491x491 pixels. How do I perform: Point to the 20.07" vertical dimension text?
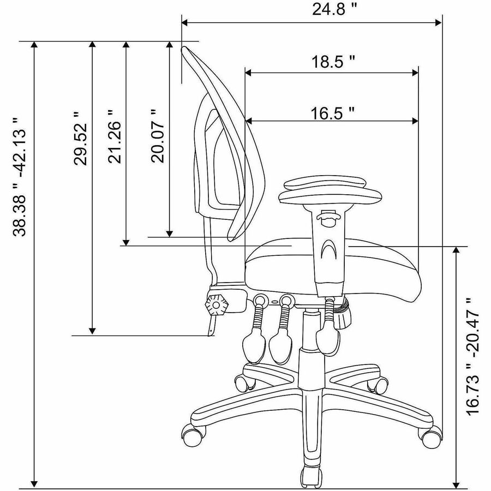pos(157,136)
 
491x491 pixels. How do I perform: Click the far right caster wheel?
pos(430,435)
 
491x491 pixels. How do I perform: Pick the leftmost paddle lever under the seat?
pos(253,341)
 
